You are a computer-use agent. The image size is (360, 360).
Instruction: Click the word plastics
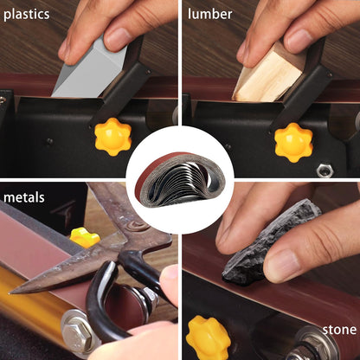coord(26,15)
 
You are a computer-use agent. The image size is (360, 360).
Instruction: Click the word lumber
coord(209,14)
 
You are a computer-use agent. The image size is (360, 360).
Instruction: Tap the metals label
coord(24,197)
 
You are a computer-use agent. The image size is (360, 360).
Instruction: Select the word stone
coord(339,330)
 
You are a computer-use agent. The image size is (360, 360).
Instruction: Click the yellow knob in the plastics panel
coord(113,137)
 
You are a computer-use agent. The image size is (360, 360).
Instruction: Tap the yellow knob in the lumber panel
coord(293,143)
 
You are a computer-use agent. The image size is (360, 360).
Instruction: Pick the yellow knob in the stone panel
coord(208,338)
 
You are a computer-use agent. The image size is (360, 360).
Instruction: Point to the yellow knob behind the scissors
coord(85,237)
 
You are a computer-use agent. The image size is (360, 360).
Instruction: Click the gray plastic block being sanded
coord(89,67)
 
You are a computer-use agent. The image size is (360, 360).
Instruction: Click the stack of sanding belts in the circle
coord(180,179)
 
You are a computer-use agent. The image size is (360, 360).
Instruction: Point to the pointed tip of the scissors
coord(10,293)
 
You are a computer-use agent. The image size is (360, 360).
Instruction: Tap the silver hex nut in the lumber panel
coord(325,170)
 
